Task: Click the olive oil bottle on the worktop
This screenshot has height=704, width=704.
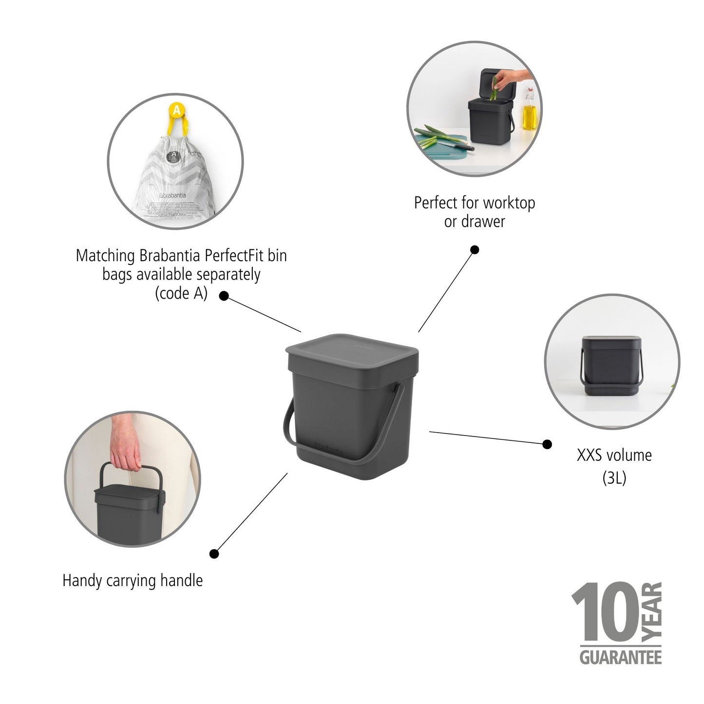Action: (529, 111)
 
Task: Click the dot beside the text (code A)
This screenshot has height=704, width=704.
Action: (224, 296)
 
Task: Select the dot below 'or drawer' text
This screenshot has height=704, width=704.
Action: (475, 250)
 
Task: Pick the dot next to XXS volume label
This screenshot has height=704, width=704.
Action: (547, 444)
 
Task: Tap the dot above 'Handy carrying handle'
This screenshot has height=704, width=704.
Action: (214, 553)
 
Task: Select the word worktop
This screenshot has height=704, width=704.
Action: (509, 203)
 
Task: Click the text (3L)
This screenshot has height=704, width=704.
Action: (614, 478)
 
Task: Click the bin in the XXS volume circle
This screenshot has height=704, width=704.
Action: (611, 362)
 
